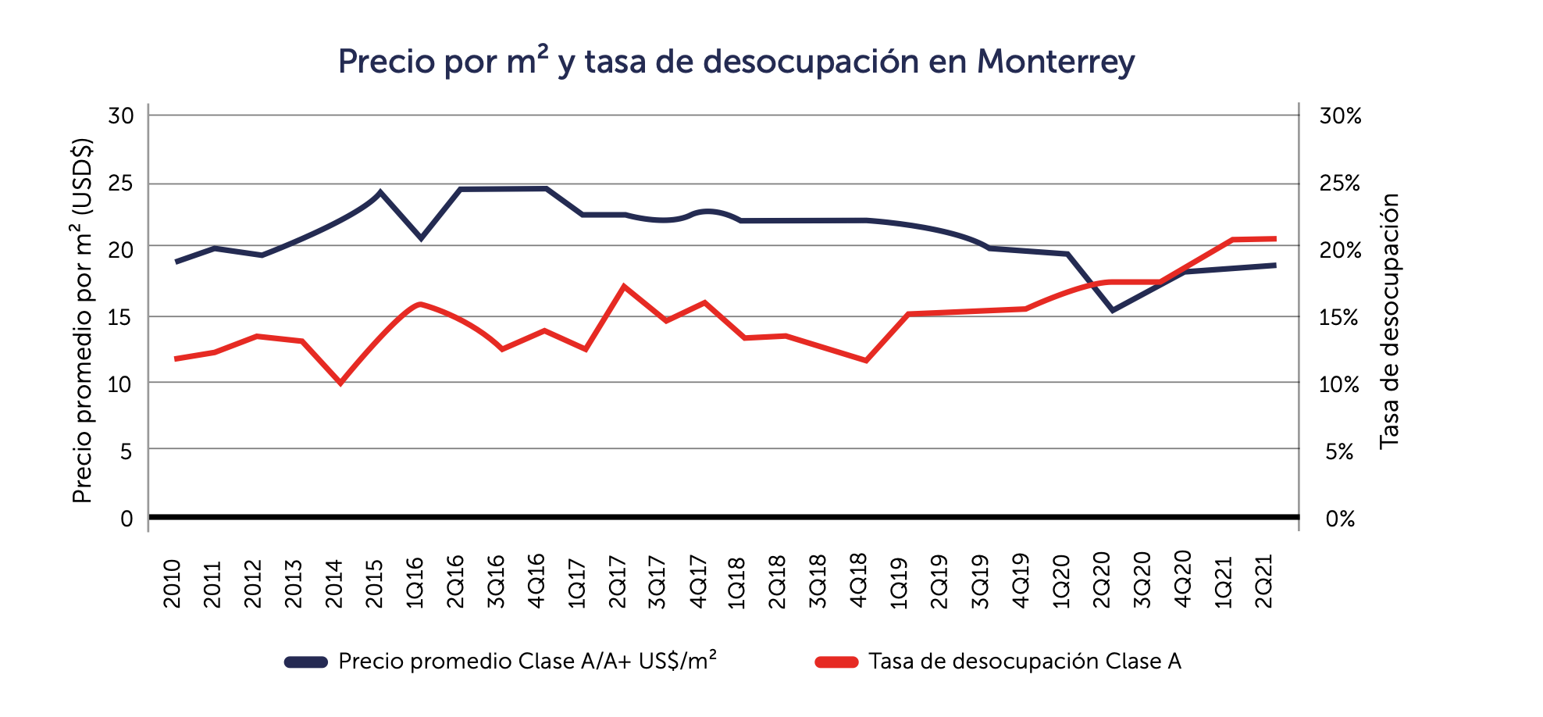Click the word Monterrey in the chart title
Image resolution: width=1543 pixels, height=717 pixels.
[1055, 62]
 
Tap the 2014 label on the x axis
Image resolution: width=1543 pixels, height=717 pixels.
[334, 583]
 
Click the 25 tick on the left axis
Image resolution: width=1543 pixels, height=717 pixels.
[122, 184]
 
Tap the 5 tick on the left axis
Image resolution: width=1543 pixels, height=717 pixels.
[127, 451]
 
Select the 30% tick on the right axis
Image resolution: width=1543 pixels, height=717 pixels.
[1340, 116]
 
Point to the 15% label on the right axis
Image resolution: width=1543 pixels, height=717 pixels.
[1340, 318]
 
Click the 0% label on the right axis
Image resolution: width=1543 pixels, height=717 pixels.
[1340, 519]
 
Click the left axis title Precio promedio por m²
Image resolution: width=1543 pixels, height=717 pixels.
[83, 320]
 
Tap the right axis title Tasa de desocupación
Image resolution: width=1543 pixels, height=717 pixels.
[1389, 320]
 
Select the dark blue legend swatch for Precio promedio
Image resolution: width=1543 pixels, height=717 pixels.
[305, 662]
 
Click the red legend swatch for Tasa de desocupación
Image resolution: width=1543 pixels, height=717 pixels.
[836, 662]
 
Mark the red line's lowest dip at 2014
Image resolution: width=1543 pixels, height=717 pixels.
[340, 383]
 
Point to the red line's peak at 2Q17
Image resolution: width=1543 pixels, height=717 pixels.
[623, 287]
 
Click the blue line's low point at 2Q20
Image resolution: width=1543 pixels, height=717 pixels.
[1113, 310]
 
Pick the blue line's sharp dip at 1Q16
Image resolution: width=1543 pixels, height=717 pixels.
[421, 237]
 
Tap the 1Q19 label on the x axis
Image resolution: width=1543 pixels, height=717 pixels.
[899, 582]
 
